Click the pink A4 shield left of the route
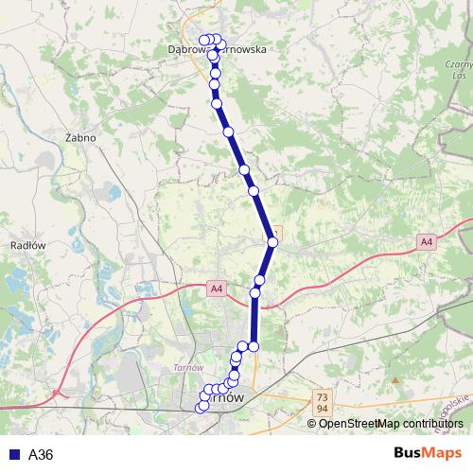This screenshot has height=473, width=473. [216, 288]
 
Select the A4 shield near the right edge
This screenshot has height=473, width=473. [427, 242]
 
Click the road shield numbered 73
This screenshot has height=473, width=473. [323, 396]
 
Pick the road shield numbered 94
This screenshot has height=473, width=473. [323, 407]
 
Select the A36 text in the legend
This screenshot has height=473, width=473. [41, 454]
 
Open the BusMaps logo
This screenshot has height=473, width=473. [428, 453]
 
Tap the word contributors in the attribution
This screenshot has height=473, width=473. [429, 423]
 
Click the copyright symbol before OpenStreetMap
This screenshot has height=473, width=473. [312, 423]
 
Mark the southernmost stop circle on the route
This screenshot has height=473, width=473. [200, 408]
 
